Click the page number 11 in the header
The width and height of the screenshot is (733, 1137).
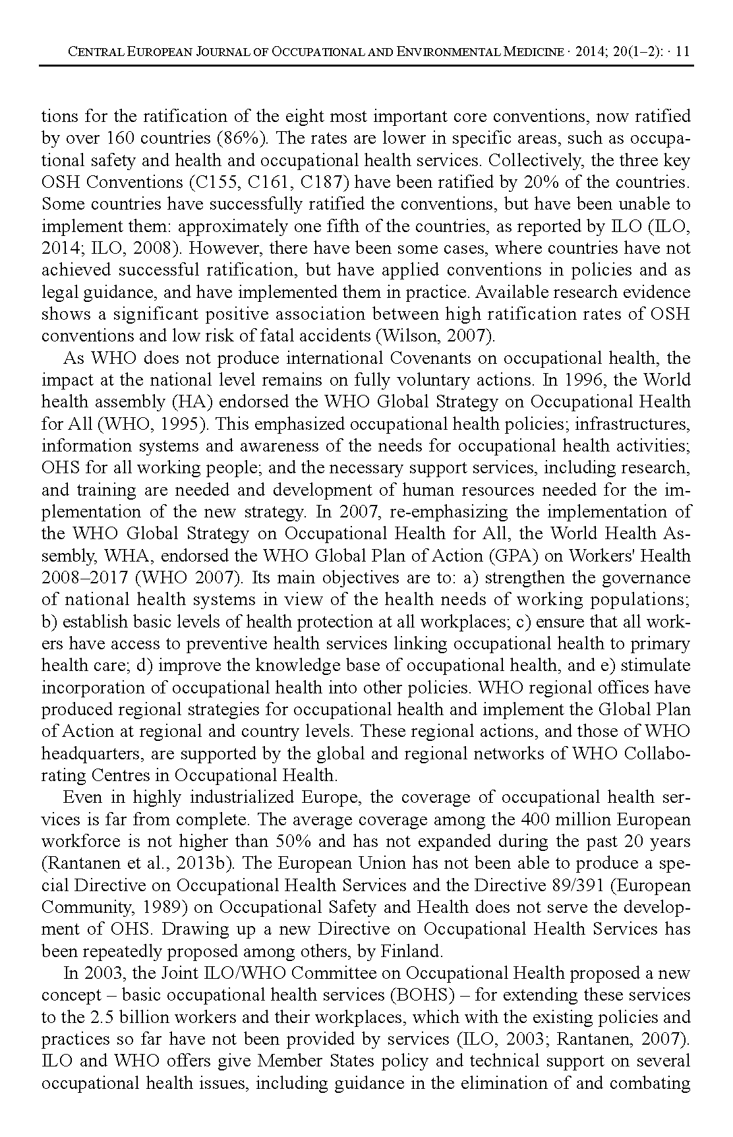coord(684,51)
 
